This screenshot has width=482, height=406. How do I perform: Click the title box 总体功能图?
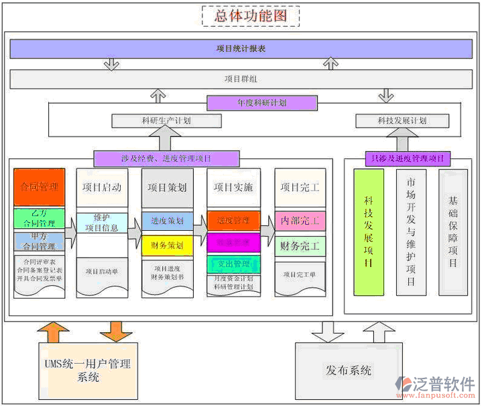click(251, 15)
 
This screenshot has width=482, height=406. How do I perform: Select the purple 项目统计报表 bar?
click(241, 49)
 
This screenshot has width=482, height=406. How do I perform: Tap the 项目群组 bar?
click(241, 79)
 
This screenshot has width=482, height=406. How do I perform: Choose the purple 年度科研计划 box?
click(261, 103)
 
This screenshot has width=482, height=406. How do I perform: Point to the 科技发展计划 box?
click(402, 121)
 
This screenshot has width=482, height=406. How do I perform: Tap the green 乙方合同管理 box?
click(38, 218)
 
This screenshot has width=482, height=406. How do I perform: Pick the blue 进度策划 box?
click(167, 220)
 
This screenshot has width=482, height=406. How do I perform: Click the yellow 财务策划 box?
click(167, 245)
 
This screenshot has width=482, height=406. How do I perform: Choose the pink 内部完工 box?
click(300, 220)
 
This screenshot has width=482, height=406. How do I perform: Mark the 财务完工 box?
click(300, 246)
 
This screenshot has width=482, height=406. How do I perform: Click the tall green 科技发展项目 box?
click(369, 232)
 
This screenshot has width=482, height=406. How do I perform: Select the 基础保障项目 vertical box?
click(453, 232)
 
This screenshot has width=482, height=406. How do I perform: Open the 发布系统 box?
click(349, 370)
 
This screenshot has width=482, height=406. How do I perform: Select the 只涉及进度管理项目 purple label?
click(407, 159)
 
